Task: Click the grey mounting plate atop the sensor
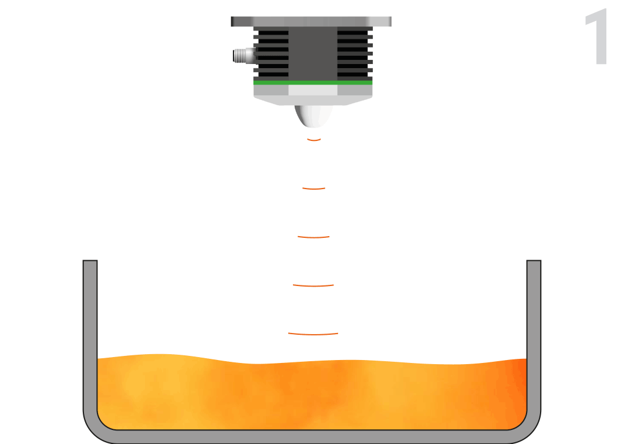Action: [311, 22]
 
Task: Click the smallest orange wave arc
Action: [314, 140]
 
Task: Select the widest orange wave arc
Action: [313, 334]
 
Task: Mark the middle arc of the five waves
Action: [313, 237]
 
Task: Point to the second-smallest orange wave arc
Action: [313, 189]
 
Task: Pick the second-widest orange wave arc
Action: [313, 286]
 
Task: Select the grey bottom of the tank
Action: [311, 436]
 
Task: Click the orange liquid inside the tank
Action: [311, 393]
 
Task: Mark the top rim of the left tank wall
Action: [90, 262]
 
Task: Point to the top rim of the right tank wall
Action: [534, 262]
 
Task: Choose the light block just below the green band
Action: [313, 91]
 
